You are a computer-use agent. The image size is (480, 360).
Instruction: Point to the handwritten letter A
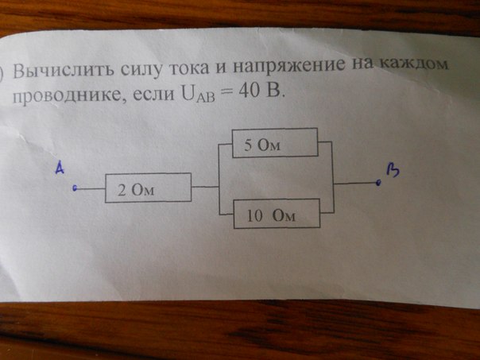pos(60,168)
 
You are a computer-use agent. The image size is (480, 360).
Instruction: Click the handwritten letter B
pos(393,170)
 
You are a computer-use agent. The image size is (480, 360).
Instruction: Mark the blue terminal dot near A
pos(75,188)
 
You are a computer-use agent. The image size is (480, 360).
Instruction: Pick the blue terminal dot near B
pos(378,183)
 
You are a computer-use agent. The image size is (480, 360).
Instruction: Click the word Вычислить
pos(63,71)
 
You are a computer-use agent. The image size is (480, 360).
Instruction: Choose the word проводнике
pos(69,96)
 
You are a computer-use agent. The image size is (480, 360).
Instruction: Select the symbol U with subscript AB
pos(198,95)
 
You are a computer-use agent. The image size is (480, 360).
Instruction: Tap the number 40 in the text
pos(250,91)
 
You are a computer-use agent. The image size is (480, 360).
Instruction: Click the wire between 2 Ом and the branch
pos(205,187)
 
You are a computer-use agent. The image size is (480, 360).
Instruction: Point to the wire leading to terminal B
pos(355,184)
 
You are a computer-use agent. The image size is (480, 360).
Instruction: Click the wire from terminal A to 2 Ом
pos(91,188)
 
